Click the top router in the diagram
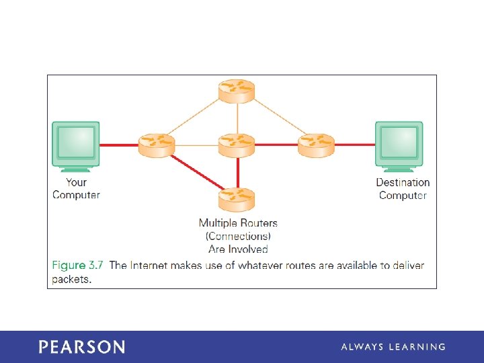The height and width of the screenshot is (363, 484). pos(237,91)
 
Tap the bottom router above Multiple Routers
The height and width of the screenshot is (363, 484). pos(237,199)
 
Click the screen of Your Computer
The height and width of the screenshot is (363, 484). pos(76,141)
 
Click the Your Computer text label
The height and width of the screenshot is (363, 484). pos(76,188)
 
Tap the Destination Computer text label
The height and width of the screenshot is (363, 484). pos(403,188)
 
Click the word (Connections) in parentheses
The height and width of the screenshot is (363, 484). pos(238,236)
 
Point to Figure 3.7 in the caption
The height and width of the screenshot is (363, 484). pos(78,266)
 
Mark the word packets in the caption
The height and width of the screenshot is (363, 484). pos(71,279)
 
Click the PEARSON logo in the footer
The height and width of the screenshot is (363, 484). pos(81,347)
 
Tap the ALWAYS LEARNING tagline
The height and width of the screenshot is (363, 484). pos(393,347)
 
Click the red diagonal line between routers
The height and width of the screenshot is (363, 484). pos(198,171)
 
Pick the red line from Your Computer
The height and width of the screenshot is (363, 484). pos(119,145)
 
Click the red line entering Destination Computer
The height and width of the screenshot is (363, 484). pos(354,145)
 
